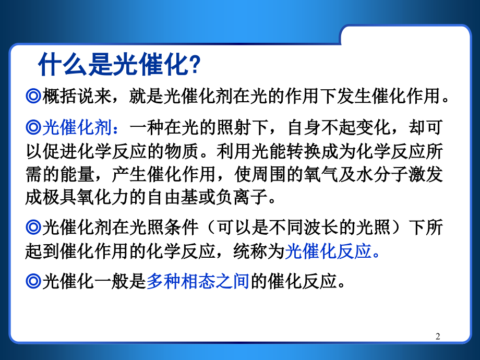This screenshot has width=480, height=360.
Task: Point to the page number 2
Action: pos(438,337)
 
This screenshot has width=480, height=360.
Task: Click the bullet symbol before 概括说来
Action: pos(33,97)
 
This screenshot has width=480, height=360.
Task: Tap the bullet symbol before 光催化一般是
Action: pos(33,282)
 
